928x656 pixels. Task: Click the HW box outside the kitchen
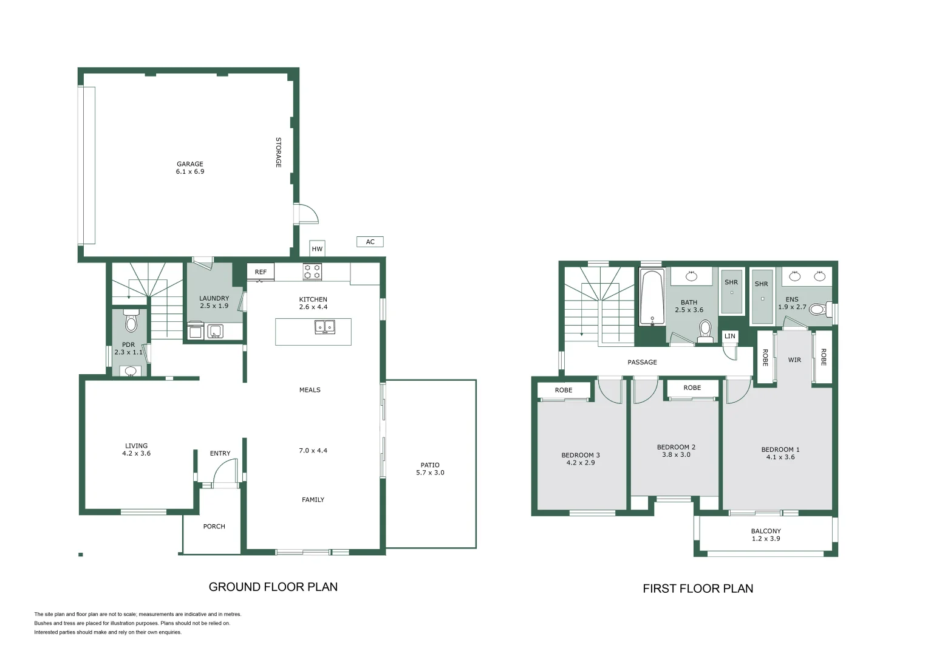tap(317, 248)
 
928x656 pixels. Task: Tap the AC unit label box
tap(370, 242)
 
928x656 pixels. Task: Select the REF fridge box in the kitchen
tap(261, 272)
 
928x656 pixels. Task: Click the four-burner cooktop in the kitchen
tap(312, 272)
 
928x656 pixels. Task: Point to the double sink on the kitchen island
tap(325, 327)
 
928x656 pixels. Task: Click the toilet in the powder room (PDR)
tap(131, 322)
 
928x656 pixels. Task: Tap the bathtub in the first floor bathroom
tap(652, 298)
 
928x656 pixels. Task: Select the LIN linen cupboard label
tap(729, 336)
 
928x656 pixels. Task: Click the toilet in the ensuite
tap(817, 310)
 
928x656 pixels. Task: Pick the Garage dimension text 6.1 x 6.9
tap(190, 172)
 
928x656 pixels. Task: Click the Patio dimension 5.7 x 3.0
tap(430, 473)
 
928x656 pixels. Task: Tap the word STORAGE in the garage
tap(279, 152)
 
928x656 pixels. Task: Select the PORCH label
tap(214, 527)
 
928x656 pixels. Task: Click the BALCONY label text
tap(765, 531)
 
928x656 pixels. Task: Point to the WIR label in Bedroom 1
tap(794, 360)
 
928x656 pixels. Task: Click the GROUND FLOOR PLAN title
tap(273, 587)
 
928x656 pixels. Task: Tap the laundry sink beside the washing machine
tap(215, 332)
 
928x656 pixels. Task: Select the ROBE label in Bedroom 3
tap(563, 390)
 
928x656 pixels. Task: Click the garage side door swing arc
tap(307, 214)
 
